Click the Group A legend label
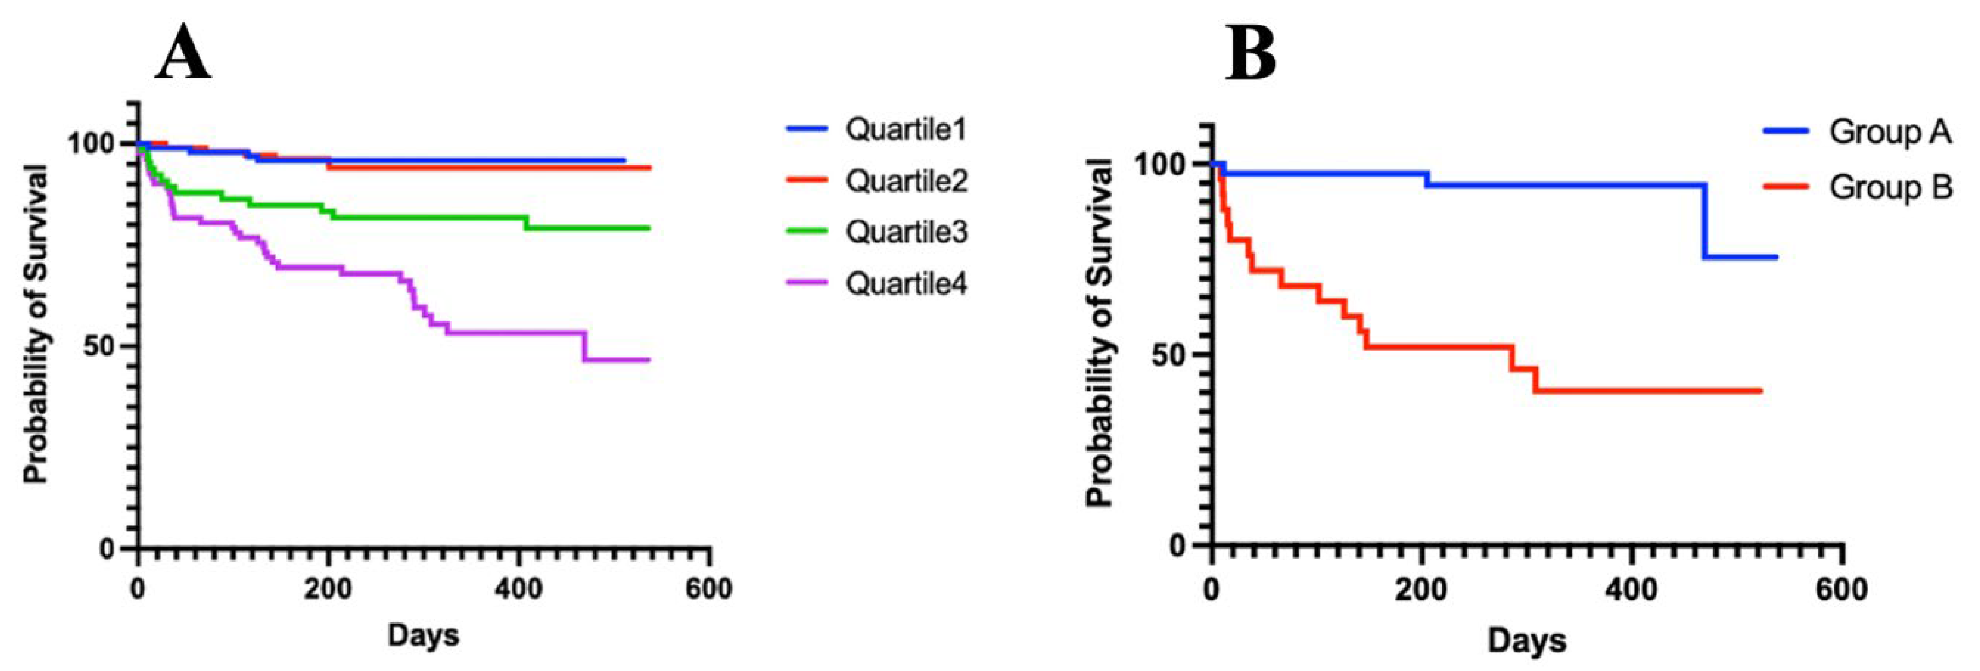click(1889, 132)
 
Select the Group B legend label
click(1890, 187)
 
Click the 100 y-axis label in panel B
click(1162, 165)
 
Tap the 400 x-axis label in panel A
click(518, 590)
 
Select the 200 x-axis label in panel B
click(1421, 590)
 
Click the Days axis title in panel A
click(423, 635)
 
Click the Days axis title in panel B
click(1526, 640)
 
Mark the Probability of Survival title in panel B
click(1101, 332)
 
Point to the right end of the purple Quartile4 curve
click(648, 360)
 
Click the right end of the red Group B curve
click(1759, 391)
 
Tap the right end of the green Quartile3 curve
click(648, 228)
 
